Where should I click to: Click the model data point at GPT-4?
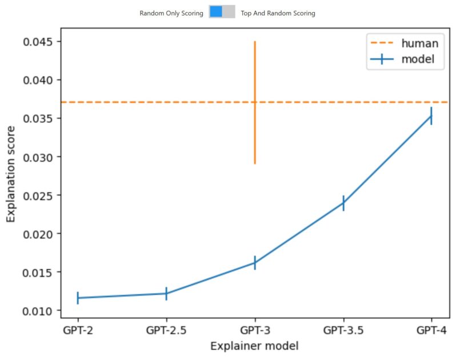[431, 115]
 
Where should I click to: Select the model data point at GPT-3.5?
[343, 203]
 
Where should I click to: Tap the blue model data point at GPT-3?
[255, 263]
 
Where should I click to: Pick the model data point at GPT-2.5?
[166, 293]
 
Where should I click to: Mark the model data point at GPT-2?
[78, 298]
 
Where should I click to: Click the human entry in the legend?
[405, 43]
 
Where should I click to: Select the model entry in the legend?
[405, 59]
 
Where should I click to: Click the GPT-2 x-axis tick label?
[78, 330]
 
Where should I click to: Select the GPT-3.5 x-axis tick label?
[343, 330]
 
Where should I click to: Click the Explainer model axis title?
[254, 346]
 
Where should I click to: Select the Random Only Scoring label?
[171, 13]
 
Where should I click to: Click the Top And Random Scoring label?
[278, 13]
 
